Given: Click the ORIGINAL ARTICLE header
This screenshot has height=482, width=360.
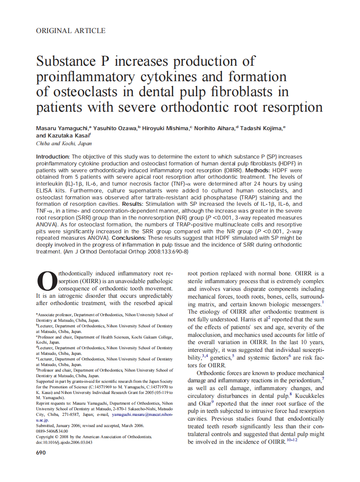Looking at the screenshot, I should (70, 31).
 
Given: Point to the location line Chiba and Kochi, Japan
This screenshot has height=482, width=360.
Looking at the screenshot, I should (64, 144).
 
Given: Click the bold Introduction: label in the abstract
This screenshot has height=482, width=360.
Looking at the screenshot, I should (53, 157).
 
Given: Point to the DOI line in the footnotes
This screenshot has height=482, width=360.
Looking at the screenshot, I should (64, 442).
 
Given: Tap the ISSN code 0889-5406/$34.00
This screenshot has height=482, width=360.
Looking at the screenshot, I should (52, 431).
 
